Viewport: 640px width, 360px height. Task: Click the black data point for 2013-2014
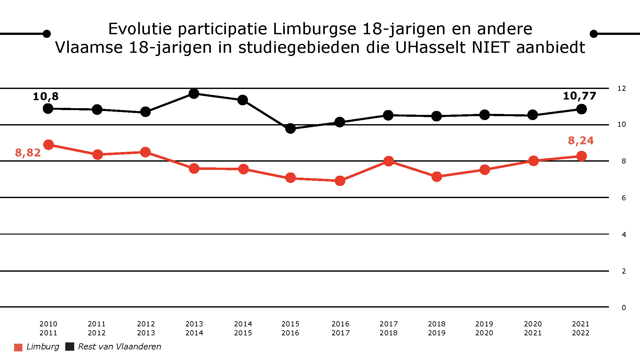[194, 93]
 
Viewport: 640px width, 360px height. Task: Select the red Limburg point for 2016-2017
[340, 181]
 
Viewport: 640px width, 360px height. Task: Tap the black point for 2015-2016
[290, 128]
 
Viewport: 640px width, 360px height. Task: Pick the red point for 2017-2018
[388, 161]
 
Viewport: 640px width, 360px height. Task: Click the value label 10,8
[46, 96]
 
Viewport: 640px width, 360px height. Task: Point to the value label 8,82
[28, 153]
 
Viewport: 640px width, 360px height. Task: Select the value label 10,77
[579, 96]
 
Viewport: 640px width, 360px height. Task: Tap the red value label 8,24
[580, 140]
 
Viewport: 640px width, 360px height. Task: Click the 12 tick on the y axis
[621, 88]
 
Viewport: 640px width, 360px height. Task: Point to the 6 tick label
[623, 198]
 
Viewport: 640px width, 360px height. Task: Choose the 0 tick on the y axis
[623, 308]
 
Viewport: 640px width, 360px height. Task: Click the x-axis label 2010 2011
[48, 328]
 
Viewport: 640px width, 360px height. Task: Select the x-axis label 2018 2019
[436, 328]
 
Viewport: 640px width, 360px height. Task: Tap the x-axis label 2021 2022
[580, 328]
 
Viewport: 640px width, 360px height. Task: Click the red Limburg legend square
[18, 347]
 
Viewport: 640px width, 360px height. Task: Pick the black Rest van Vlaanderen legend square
[69, 347]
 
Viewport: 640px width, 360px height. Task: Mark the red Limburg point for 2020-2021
[533, 161]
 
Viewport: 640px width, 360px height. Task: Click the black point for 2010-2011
[48, 108]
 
